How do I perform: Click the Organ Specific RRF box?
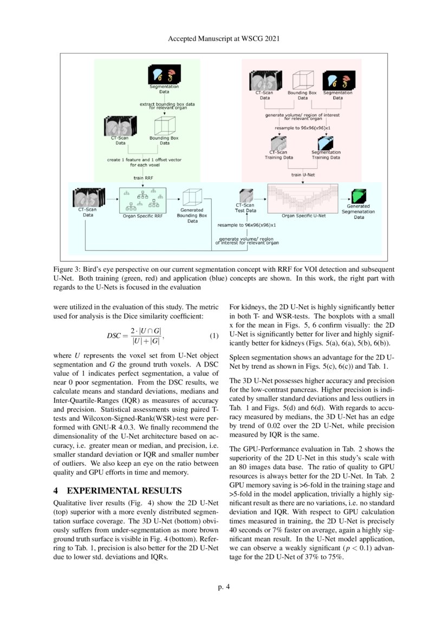click(x=142, y=201)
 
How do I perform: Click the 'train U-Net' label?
click(x=303, y=175)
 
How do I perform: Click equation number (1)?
click(x=213, y=336)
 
